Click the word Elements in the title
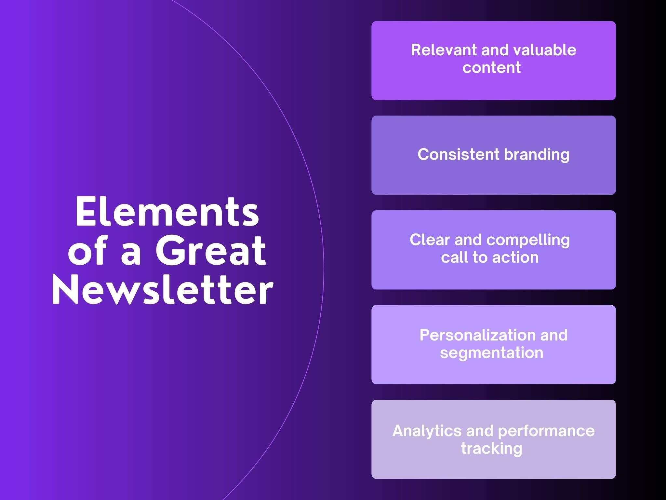(167, 212)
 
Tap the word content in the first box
(491, 68)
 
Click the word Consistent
(458, 154)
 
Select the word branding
(537, 154)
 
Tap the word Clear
(430, 240)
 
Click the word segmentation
(491, 353)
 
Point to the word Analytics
(427, 431)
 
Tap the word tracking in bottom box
(491, 449)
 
